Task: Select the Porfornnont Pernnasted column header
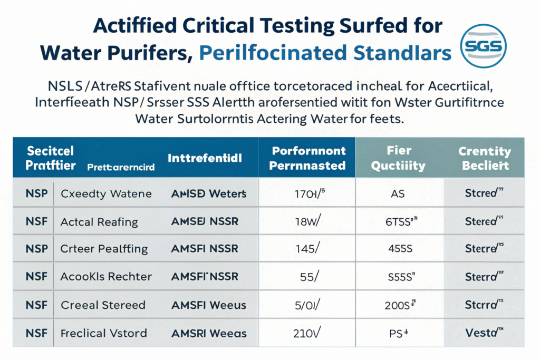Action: click(x=308, y=158)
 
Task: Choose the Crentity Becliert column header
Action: click(x=485, y=158)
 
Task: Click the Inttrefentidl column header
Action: click(x=205, y=158)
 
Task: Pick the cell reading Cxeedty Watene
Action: click(x=106, y=193)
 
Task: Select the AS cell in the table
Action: click(x=398, y=193)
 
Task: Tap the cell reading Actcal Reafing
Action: click(x=99, y=221)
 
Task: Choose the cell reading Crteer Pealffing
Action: click(x=104, y=249)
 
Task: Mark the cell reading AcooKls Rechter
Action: click(x=106, y=277)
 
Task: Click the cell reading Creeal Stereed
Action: click(x=103, y=305)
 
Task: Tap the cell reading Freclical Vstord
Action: click(x=104, y=333)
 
